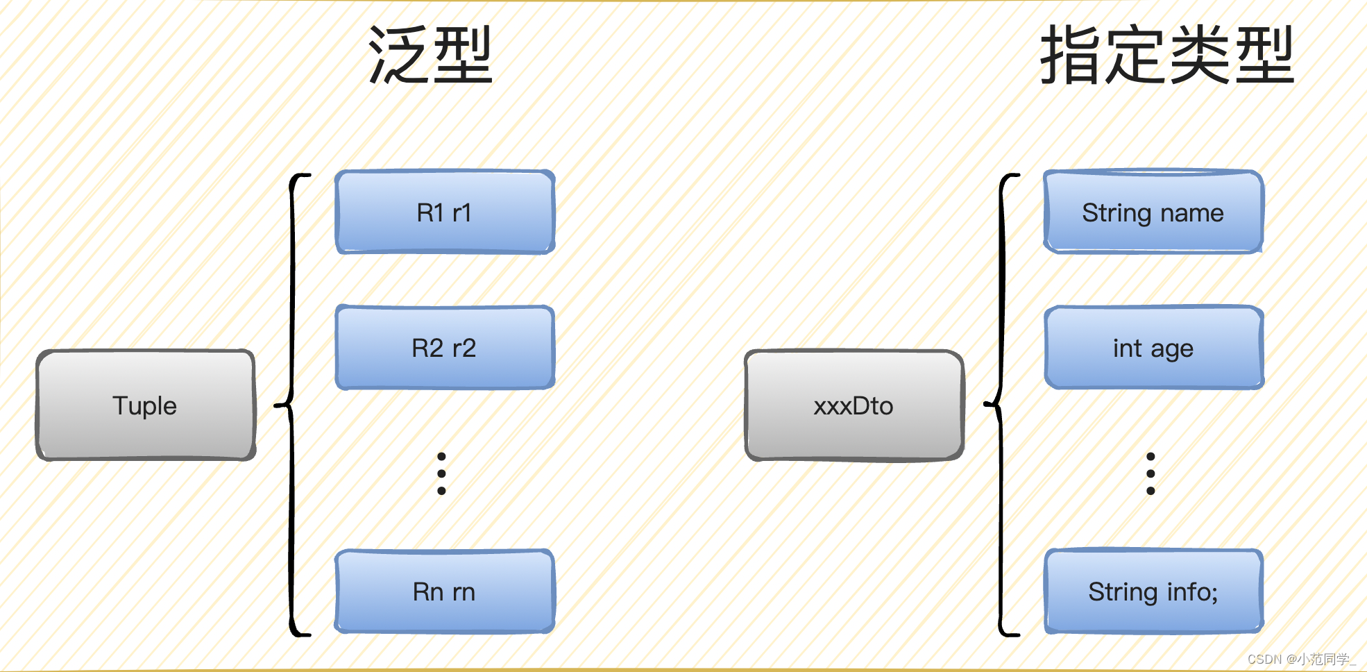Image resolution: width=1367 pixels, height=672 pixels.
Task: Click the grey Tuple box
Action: click(x=146, y=405)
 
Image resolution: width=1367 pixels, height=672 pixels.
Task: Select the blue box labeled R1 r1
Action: click(x=444, y=212)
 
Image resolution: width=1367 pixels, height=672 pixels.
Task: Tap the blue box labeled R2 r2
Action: click(x=444, y=348)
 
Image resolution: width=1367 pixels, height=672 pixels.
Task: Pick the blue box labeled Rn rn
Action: click(x=444, y=591)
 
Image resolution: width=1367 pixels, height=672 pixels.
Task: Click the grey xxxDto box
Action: click(x=854, y=405)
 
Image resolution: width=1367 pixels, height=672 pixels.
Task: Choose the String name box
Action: click(x=1153, y=212)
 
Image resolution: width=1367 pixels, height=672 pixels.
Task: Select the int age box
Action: click(x=1153, y=348)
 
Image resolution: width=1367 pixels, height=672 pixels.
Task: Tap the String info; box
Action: click(x=1153, y=591)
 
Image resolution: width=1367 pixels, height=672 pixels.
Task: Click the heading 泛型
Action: click(x=430, y=56)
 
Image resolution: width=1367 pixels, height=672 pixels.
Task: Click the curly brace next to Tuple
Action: click(x=292, y=405)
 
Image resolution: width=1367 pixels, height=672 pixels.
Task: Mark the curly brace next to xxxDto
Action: click(x=1001, y=405)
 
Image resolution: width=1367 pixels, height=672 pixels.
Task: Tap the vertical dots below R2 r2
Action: click(x=441, y=473)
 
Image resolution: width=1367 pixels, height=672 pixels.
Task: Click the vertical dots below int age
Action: click(x=1151, y=473)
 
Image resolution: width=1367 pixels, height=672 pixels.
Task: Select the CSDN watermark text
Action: click(x=1301, y=659)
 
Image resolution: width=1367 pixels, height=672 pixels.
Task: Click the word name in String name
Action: click(x=1191, y=212)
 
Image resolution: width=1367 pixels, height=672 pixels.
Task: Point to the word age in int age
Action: click(x=1172, y=349)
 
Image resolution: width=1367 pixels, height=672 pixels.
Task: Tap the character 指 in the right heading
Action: click(x=1072, y=56)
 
